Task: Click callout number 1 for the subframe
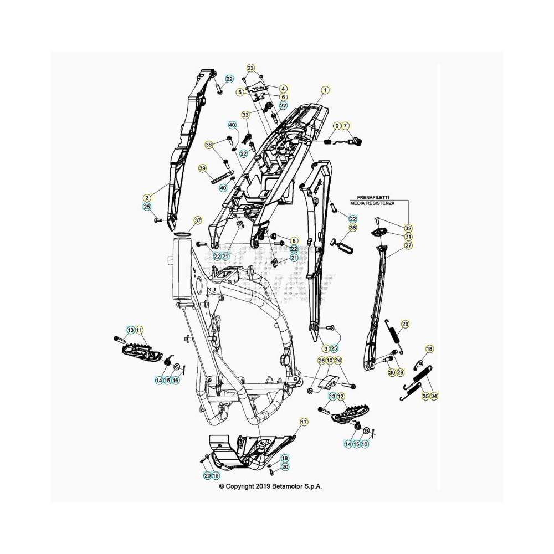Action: click(x=325, y=90)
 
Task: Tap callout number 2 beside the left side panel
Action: click(x=147, y=198)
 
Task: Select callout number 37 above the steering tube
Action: click(x=198, y=220)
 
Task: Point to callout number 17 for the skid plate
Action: click(x=304, y=422)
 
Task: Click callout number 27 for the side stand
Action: click(x=408, y=245)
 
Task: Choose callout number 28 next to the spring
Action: click(x=406, y=324)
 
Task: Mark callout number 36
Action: click(x=352, y=228)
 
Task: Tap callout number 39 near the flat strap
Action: click(x=202, y=168)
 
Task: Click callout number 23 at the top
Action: click(x=250, y=68)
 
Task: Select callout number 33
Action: click(x=245, y=115)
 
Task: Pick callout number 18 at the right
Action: click(x=429, y=349)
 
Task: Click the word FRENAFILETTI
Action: click(x=371, y=198)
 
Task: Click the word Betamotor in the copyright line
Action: click(x=287, y=486)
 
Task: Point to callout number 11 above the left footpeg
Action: click(x=139, y=330)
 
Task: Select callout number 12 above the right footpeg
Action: click(x=341, y=397)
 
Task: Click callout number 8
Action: click(x=294, y=241)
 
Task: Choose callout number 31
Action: click(x=408, y=237)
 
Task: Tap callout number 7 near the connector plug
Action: click(x=345, y=126)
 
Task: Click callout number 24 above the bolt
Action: click(x=338, y=361)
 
